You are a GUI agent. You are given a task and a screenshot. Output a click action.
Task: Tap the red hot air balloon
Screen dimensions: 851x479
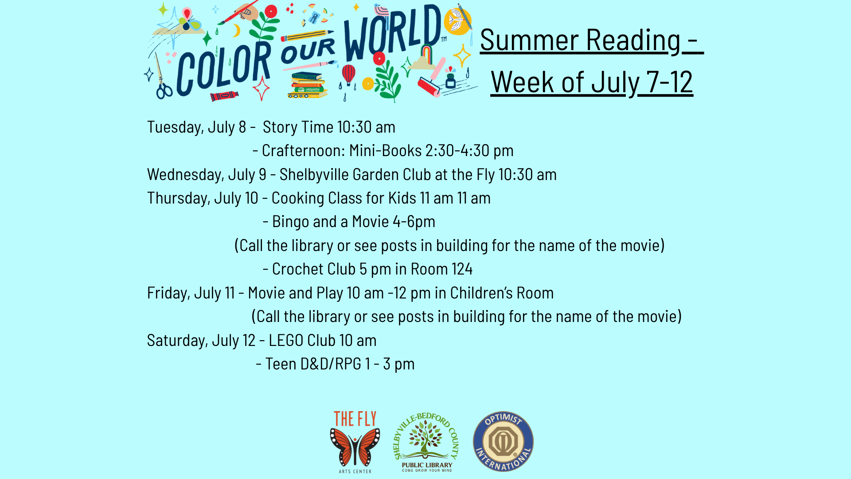pos(348,75)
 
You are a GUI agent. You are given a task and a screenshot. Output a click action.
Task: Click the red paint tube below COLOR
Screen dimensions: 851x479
pos(224,96)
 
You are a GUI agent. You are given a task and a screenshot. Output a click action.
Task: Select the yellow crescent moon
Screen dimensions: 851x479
pos(236,31)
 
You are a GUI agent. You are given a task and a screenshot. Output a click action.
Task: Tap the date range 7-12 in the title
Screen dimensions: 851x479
pos(669,82)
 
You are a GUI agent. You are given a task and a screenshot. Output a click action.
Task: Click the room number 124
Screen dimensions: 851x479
pos(462,269)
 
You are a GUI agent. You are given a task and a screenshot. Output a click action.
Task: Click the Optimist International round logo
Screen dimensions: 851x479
pos(503,441)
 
